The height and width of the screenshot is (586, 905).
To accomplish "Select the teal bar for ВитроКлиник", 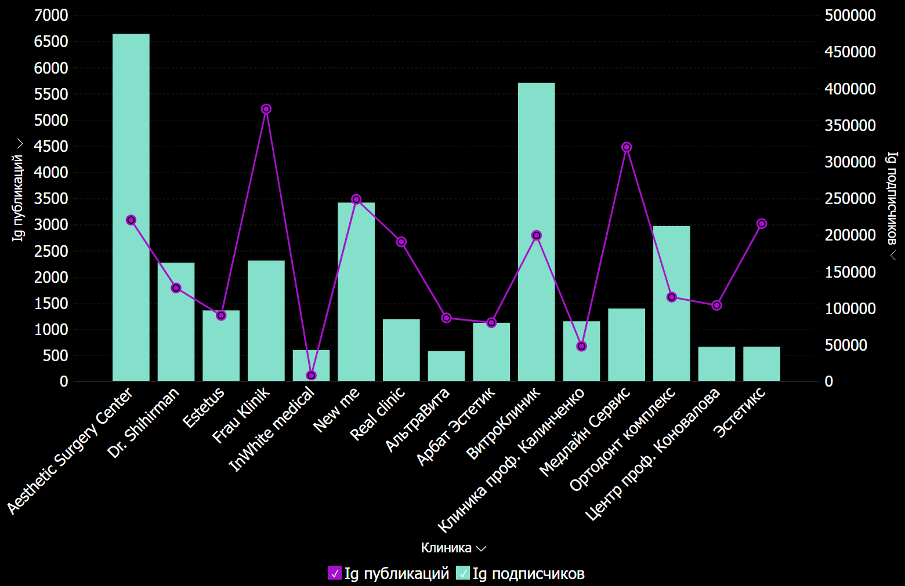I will (536, 232).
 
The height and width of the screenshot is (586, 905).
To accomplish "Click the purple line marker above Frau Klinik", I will (266, 109).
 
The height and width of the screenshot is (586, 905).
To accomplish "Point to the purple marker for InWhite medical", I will (312, 376).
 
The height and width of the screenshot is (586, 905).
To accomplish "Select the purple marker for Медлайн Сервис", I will (627, 147).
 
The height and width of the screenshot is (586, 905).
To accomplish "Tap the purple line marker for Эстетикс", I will (762, 224).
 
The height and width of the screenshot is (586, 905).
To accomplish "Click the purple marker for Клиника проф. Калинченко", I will (581, 347).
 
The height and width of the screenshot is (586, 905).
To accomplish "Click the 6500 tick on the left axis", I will (51, 42).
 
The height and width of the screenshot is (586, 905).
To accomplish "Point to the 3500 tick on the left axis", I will (51, 199).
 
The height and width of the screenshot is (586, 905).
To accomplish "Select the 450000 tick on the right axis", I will (850, 52).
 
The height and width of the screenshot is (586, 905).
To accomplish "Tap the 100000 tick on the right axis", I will (850, 309).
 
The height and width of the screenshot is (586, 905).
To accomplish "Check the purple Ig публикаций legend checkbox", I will (335, 573).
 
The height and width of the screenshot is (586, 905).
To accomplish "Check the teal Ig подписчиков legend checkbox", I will (463, 573).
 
